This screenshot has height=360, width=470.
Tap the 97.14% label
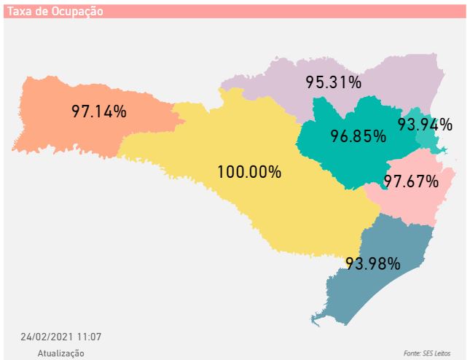coord(99,111)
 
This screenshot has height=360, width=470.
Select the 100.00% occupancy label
coord(249,173)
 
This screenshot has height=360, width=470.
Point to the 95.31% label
coord(334,82)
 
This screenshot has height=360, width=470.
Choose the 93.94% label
coord(425,125)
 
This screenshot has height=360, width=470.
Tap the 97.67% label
coord(411,181)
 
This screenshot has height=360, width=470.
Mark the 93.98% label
coord(372,263)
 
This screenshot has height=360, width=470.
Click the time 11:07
coord(89,337)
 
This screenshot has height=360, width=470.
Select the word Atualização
coord(61,353)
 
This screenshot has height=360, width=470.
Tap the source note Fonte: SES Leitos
coord(427,353)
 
